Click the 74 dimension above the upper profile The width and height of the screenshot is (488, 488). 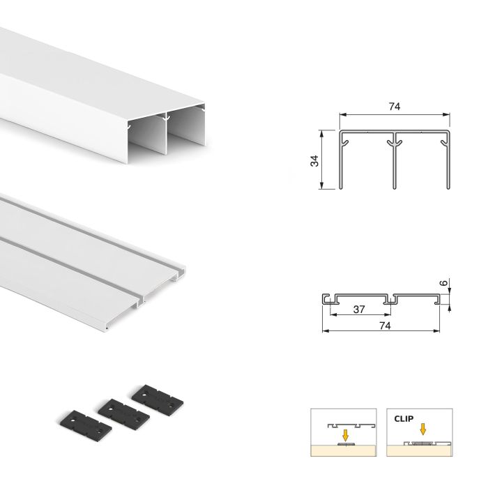(394, 107)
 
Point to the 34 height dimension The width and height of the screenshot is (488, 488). (314, 160)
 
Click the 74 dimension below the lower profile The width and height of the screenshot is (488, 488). (382, 325)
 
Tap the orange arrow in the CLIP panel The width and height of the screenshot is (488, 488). (421, 429)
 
